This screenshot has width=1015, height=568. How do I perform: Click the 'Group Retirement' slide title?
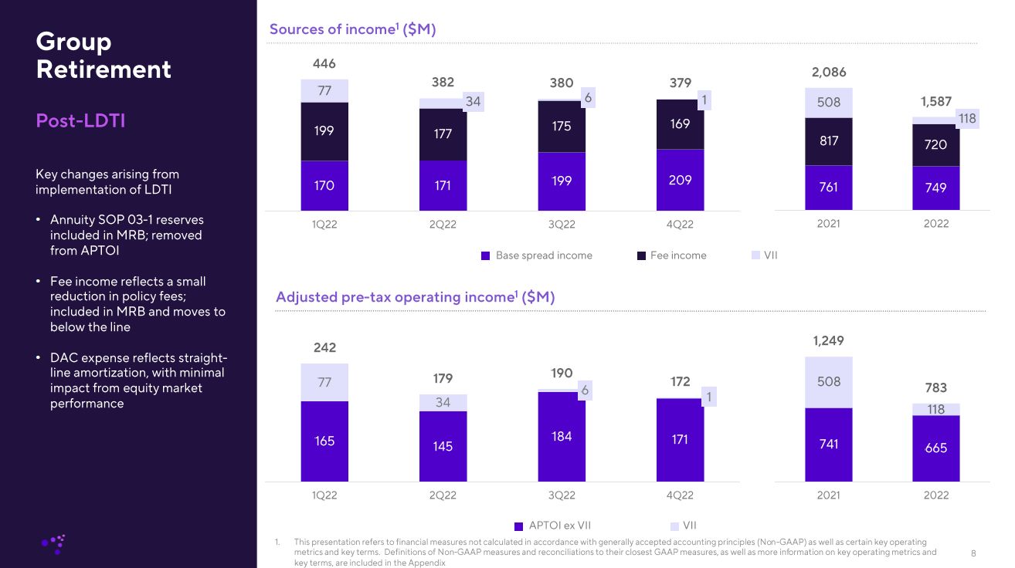pyautogui.click(x=104, y=55)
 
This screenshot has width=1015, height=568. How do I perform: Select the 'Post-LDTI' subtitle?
pyautogui.click(x=80, y=121)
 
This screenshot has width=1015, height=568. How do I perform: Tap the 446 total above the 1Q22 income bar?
pyautogui.click(x=324, y=64)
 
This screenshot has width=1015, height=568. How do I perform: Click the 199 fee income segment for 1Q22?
pyautogui.click(x=324, y=130)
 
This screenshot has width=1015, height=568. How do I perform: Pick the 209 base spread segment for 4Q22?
pyautogui.click(x=680, y=180)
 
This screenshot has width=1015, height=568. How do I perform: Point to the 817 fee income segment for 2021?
pyautogui.click(x=828, y=141)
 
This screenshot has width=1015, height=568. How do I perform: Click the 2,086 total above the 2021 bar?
pyautogui.click(x=828, y=73)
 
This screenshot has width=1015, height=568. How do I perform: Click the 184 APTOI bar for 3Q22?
pyautogui.click(x=562, y=436)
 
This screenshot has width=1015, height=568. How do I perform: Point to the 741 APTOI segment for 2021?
pyautogui.click(x=828, y=444)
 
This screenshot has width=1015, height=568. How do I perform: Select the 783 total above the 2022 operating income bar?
pyautogui.click(x=935, y=387)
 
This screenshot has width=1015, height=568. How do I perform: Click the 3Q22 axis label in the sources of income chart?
pyautogui.click(x=562, y=224)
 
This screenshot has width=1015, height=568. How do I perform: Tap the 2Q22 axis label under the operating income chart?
pyautogui.click(x=443, y=495)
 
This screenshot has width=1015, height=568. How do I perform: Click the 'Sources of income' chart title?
pyautogui.click(x=352, y=29)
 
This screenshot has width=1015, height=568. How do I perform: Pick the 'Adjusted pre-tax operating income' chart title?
pyautogui.click(x=415, y=297)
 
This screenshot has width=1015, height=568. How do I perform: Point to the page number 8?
pyautogui.click(x=973, y=553)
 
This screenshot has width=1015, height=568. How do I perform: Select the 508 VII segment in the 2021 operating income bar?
pyautogui.click(x=828, y=381)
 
